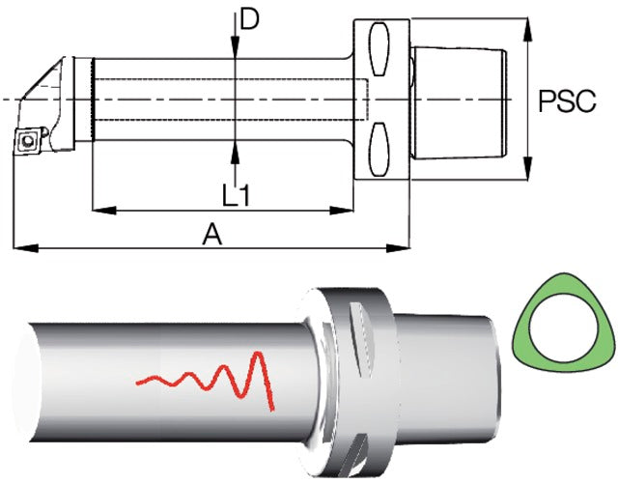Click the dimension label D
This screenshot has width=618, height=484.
coord(249,19)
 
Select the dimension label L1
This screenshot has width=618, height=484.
coord(236,196)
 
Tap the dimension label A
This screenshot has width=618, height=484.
coord(212,234)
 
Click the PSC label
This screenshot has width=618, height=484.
coord(567,101)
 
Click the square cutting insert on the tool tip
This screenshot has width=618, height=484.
coord(27,140)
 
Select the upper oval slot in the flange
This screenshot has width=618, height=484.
coord(379,49)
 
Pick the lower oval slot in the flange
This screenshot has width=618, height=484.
coord(379,149)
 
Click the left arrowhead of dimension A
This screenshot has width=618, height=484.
coord(26,248)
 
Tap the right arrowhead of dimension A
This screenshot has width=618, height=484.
coord(398,248)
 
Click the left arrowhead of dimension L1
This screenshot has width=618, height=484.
coord(104,211)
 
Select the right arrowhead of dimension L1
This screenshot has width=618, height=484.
coord(341,211)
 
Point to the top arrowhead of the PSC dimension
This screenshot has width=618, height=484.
coord(528,29)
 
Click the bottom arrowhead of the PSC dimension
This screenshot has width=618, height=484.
coord(528,168)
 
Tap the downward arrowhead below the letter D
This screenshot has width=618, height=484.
coord(235,47)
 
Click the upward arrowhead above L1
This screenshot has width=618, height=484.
coord(235,151)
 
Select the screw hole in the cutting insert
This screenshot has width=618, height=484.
coord(28,140)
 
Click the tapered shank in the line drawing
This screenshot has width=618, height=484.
coord(460,103)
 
